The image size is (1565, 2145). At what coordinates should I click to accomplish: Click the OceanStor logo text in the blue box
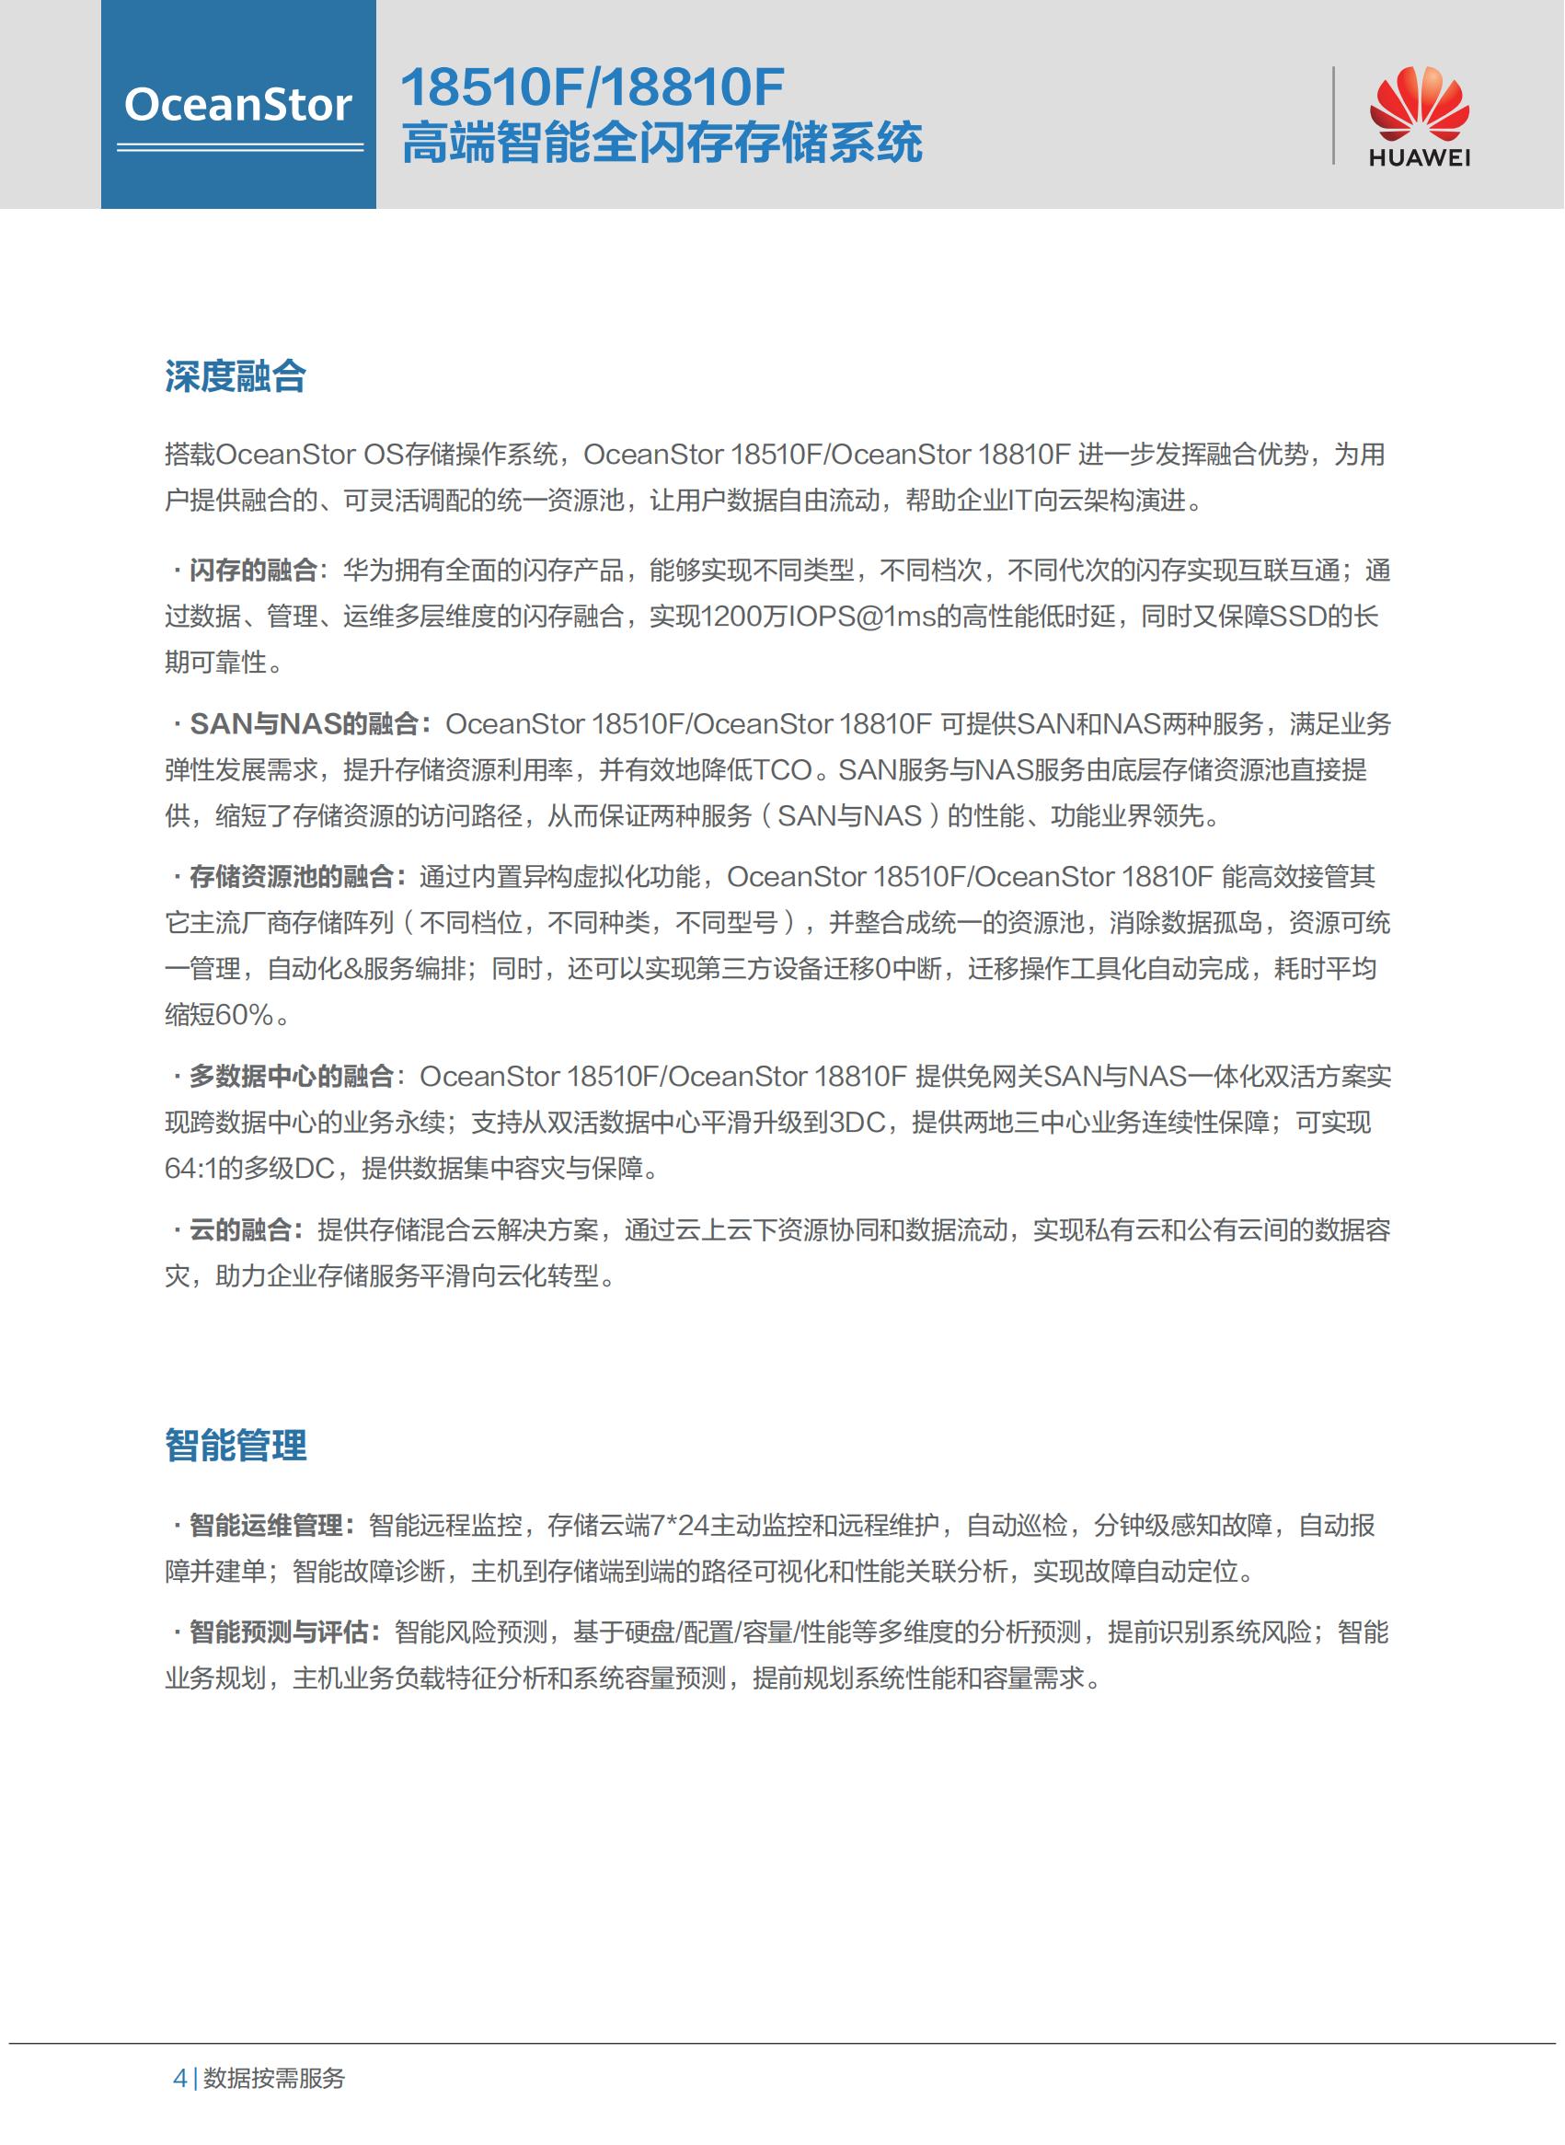tap(237, 104)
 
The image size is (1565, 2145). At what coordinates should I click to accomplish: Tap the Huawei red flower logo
tap(1418, 103)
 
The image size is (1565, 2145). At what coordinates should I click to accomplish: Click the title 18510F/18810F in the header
tap(593, 87)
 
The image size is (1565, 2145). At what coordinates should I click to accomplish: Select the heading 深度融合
tap(235, 376)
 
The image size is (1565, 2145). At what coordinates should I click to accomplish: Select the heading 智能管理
tap(235, 1446)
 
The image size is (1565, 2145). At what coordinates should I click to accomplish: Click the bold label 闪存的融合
tap(253, 571)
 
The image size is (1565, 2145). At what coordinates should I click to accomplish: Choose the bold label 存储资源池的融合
tap(291, 876)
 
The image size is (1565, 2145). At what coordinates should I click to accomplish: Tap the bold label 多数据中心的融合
tap(291, 1077)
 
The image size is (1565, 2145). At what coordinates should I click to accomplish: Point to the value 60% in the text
tap(245, 1015)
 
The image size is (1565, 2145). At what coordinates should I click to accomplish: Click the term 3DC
tap(857, 1123)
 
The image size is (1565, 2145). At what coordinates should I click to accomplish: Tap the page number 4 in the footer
tap(180, 2078)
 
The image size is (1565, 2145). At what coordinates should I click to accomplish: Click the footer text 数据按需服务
tap(274, 2078)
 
